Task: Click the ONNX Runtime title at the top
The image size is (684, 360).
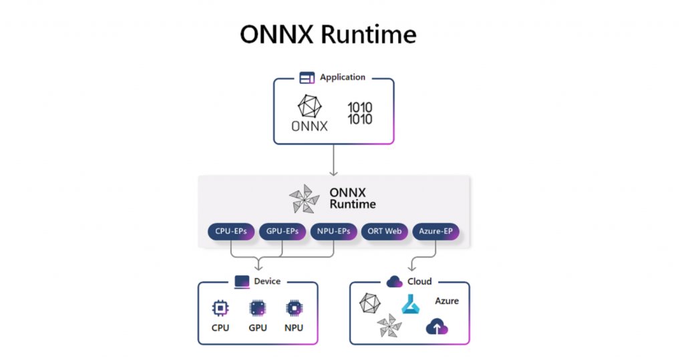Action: point(327,34)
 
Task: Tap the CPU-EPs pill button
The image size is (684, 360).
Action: point(231,232)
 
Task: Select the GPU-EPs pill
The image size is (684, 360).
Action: point(282,232)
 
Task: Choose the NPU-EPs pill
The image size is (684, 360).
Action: point(333,232)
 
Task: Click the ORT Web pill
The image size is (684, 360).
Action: point(385,232)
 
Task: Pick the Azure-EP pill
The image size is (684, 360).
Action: point(436,232)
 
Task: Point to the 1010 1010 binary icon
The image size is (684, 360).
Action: point(360,113)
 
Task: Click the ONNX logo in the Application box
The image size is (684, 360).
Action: point(309,112)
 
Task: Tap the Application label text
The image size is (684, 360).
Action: point(343,77)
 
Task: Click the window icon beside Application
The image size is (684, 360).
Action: point(307,78)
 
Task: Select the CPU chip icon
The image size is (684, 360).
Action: point(220,308)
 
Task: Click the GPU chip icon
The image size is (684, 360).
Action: point(257,308)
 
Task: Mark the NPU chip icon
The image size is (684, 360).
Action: point(293,308)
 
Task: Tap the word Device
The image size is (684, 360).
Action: point(267,281)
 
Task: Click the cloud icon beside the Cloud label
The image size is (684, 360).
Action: point(394,281)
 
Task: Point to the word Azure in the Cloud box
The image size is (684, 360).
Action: point(447,301)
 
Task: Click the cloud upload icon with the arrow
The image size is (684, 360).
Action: point(437,327)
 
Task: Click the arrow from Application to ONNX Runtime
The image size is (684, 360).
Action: point(333,160)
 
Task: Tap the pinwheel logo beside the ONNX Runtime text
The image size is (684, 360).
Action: point(304,198)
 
